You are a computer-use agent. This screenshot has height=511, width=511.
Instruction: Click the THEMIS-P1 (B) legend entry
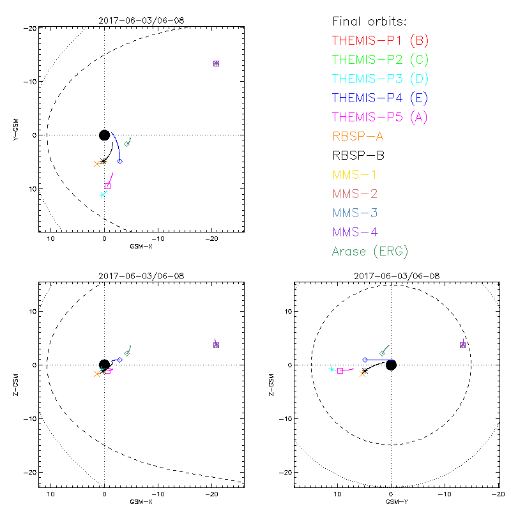point(380,41)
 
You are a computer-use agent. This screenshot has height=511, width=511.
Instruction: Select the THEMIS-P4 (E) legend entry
point(380,98)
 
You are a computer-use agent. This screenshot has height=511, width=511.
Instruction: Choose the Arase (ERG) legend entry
point(370,251)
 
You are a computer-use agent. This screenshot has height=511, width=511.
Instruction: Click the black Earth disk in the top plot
point(105,135)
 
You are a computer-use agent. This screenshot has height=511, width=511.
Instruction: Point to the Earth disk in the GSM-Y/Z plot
point(391,365)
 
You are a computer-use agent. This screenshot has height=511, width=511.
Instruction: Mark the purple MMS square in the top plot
point(216,63)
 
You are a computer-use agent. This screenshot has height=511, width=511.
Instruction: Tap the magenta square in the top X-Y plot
point(107,186)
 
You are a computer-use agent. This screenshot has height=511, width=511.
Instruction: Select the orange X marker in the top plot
point(97,164)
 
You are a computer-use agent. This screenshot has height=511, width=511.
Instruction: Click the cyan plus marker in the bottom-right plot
point(331,369)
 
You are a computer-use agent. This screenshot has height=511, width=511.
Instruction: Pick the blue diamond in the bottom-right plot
point(365,360)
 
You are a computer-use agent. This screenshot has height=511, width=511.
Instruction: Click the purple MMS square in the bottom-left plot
point(216,345)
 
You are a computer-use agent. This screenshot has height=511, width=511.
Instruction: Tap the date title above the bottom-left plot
point(141,276)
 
